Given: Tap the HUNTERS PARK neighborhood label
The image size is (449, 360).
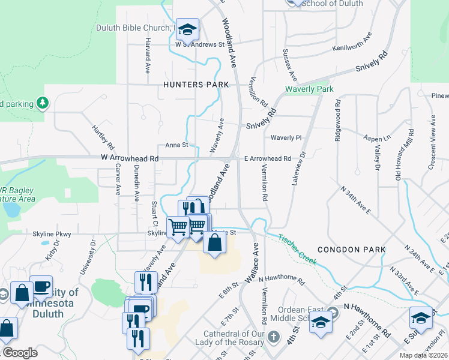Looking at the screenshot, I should [196, 85].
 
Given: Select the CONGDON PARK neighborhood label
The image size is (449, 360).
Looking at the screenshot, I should [348, 249].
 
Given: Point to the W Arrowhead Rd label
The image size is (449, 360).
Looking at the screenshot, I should [130, 158].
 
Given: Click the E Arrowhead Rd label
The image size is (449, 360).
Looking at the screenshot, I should [267, 158].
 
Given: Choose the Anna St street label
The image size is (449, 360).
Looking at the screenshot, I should [177, 145].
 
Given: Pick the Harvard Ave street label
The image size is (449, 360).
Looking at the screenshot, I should [147, 55].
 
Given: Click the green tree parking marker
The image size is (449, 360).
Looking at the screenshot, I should [42, 103].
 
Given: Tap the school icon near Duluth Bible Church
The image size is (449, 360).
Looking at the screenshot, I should [187, 28].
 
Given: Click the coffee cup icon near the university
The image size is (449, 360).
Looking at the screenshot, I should [41, 287].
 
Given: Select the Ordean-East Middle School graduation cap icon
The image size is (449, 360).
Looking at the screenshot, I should [321, 323].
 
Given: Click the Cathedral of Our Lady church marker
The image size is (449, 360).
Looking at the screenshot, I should [274, 335].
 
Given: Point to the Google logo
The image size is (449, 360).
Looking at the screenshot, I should [20, 353].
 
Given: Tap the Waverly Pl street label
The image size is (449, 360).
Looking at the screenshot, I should [285, 137].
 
